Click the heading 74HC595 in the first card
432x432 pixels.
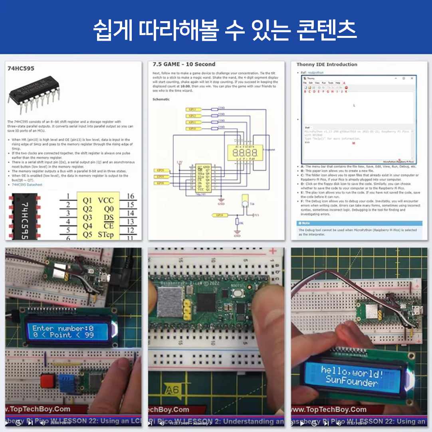tap(21, 68)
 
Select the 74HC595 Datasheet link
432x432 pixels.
tap(27, 185)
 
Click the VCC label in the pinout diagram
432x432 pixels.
tap(106, 200)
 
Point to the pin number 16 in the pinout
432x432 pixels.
tap(130, 196)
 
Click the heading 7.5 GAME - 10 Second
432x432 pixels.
tap(184, 64)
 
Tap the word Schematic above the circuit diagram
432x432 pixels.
tap(161, 99)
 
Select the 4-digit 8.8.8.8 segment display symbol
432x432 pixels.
tap(242, 153)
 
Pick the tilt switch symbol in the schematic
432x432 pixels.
tap(244, 203)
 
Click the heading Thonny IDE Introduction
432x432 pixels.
tap(327, 64)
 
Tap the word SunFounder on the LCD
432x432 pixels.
tap(351, 382)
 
